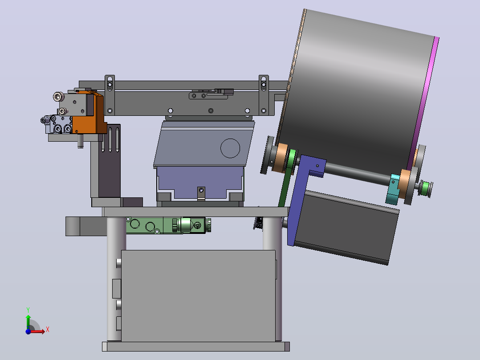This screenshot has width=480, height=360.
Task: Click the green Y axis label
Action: point(28,310)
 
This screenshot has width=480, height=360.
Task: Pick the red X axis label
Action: point(48,330)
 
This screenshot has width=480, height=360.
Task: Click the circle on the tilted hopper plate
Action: point(230,148)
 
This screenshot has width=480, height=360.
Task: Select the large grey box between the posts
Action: point(199,296)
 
